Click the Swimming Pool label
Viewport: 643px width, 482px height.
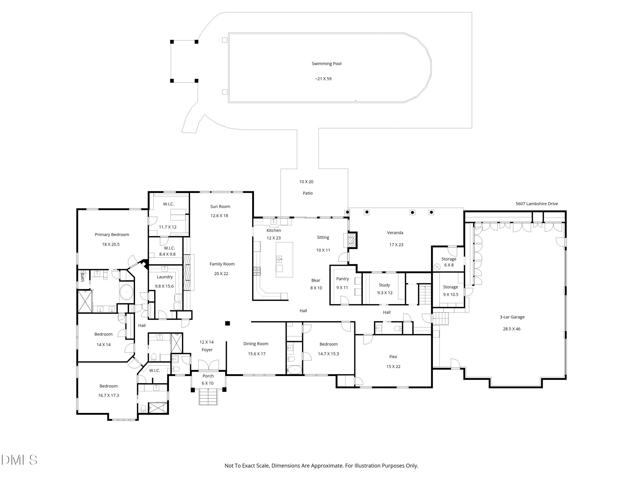click(326, 64)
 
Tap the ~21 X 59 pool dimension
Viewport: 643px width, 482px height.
click(323, 79)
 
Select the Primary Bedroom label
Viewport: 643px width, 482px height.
click(112, 234)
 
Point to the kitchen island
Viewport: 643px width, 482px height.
click(284, 259)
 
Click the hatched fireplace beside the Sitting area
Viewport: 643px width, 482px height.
click(352, 240)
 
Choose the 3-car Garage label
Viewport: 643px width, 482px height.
click(512, 317)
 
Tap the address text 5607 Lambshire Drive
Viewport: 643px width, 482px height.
click(537, 204)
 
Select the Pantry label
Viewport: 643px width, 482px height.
click(343, 279)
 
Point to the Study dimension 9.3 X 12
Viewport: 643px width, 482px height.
click(385, 293)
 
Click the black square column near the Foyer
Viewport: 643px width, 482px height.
click(228, 323)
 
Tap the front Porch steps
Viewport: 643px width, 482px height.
click(208, 397)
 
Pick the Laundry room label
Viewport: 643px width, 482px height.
click(165, 277)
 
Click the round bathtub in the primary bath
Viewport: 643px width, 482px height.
click(126, 292)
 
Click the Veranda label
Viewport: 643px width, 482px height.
click(395, 232)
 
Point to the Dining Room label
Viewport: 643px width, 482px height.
click(255, 344)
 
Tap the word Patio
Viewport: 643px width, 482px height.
click(308, 193)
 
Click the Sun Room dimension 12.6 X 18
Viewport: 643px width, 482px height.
click(219, 216)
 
